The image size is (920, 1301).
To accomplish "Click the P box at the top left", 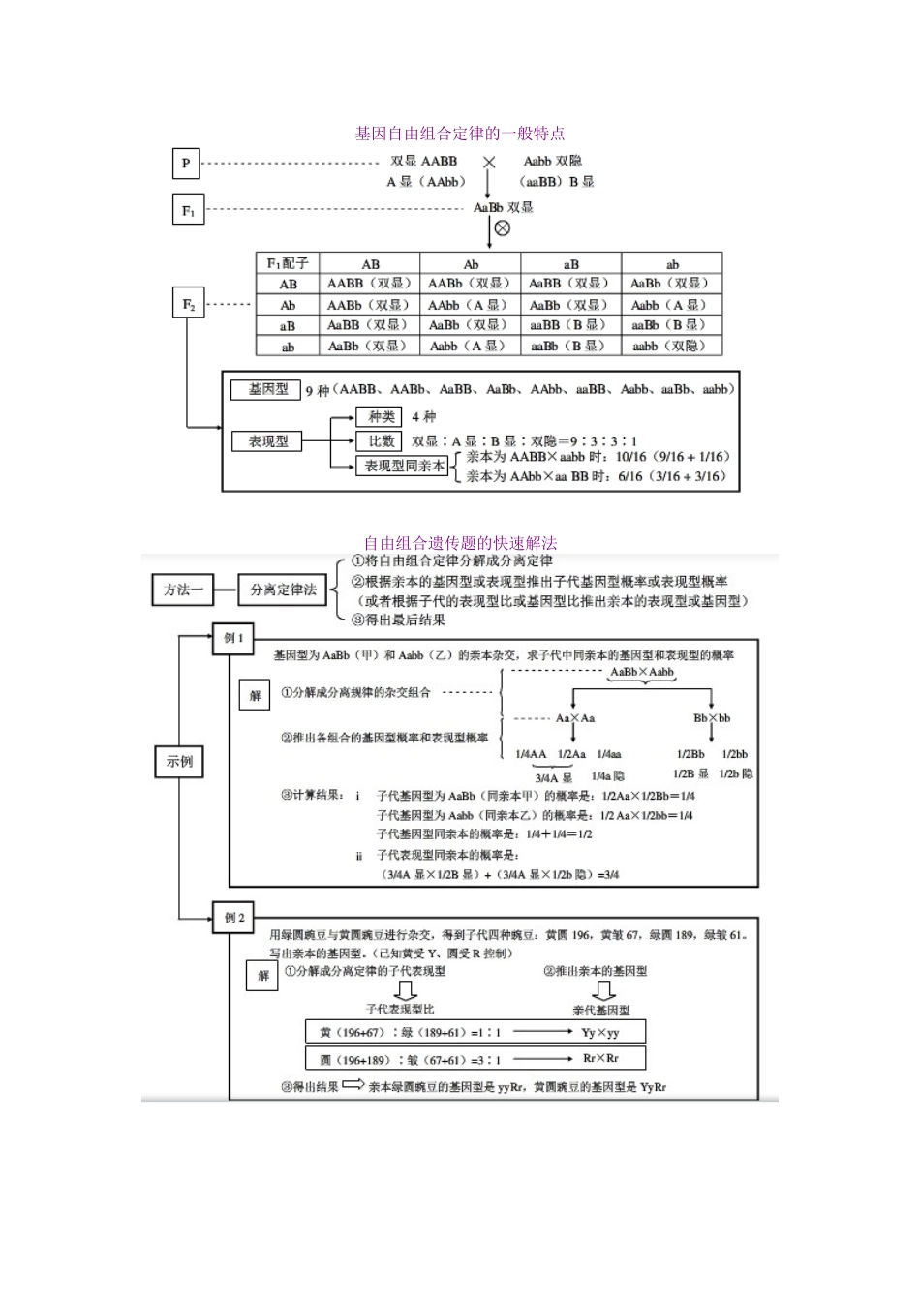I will pos(186,164).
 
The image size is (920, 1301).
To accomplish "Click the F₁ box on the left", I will pos(189,210).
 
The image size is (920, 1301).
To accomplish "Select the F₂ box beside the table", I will pos(189,304).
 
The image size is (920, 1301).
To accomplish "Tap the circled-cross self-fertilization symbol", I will pos(502,228).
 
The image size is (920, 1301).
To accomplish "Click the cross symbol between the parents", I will pos(490,163).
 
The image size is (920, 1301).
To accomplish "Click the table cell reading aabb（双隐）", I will pos(671,346).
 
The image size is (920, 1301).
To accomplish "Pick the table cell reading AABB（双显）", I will pos(369,284).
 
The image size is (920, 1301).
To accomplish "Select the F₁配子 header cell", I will pos(288,263).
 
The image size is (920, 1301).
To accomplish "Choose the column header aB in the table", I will pos(570,263).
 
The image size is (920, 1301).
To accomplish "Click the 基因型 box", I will pos(268,389).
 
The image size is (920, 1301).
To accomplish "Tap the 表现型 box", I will pos(268,441).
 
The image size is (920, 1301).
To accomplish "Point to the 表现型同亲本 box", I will pos(405,467).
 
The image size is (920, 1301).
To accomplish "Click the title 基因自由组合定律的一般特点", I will pos(460,134).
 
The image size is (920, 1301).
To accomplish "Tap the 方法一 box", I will pos(183,589).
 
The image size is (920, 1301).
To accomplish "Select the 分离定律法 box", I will pos(283,589).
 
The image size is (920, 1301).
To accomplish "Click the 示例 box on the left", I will pos(180,762).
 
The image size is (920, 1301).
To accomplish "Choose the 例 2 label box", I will pos(234,918).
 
